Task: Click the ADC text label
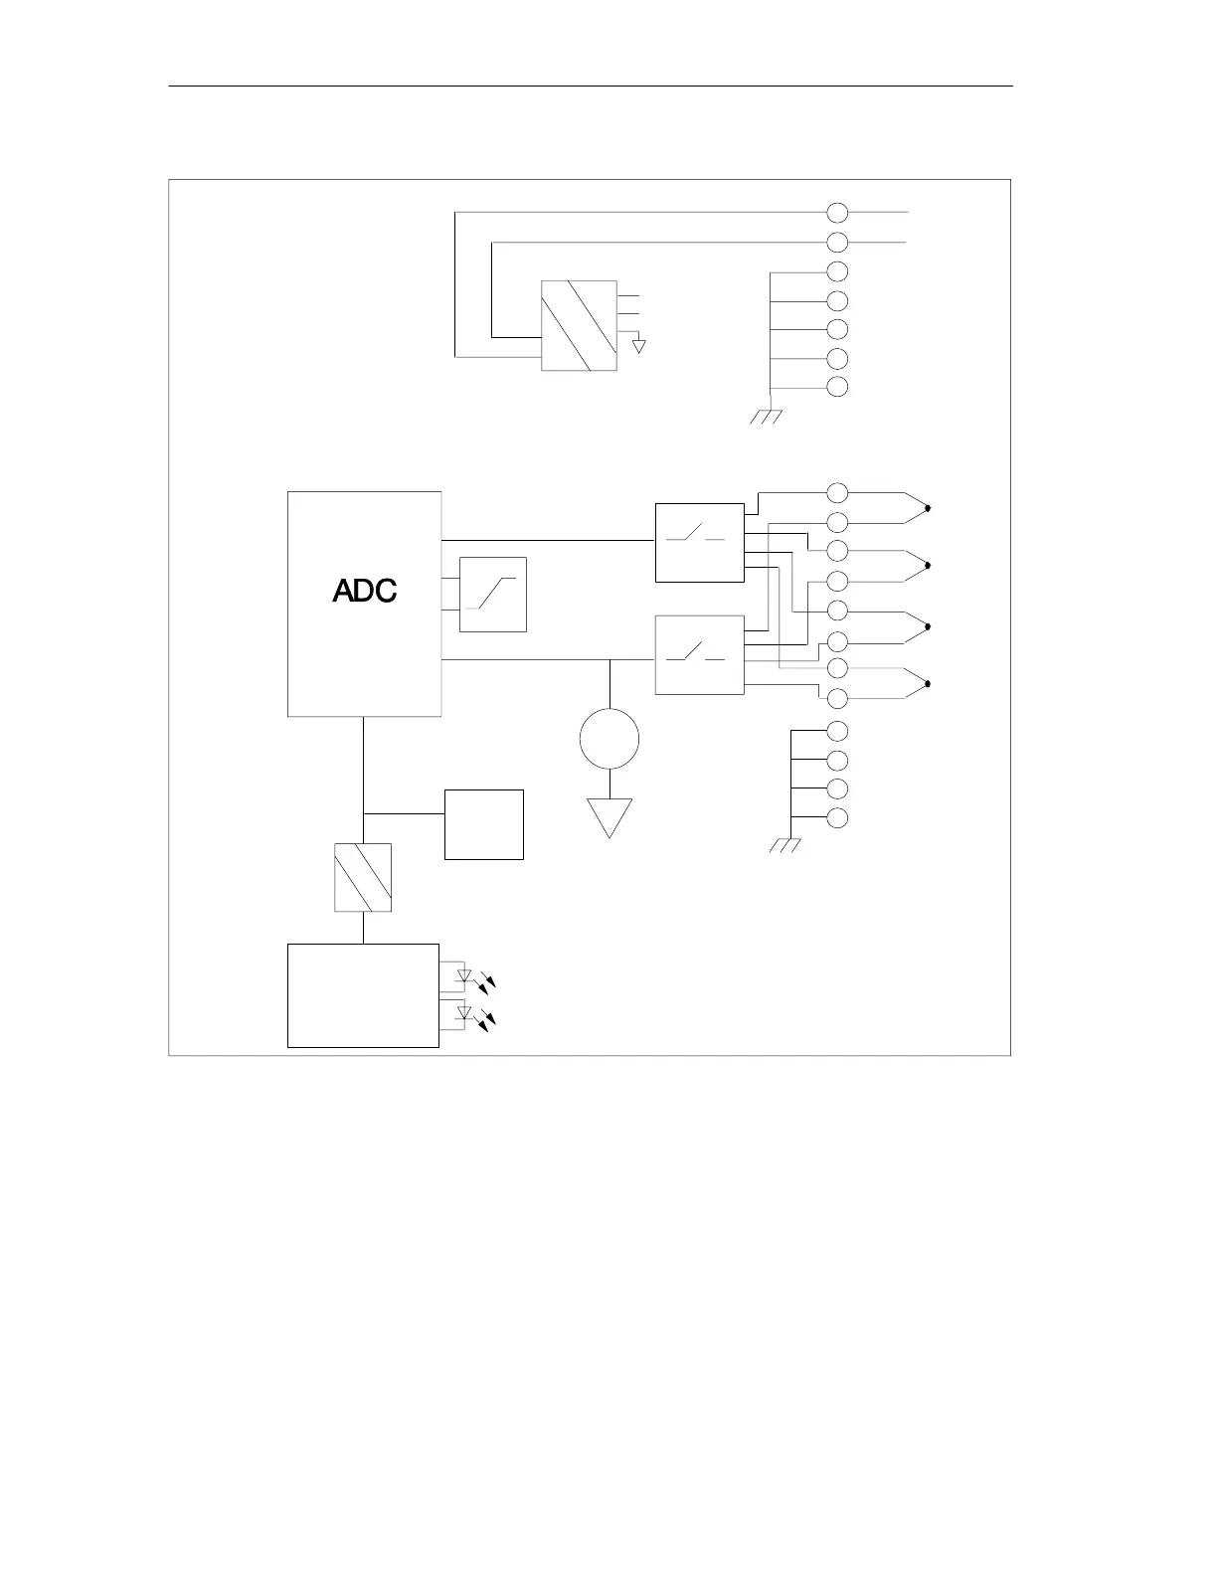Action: [365, 591]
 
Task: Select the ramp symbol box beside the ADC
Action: [492, 595]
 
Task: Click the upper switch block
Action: [700, 543]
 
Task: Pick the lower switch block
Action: [700, 655]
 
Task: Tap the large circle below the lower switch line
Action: [609, 739]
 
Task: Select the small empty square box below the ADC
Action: [484, 824]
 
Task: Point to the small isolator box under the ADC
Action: [363, 877]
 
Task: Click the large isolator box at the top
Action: [579, 326]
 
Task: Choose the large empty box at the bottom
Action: [363, 995]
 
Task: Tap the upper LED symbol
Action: [464, 976]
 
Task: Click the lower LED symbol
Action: [464, 1013]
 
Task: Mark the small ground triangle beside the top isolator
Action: [639, 346]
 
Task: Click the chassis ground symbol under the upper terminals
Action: [766, 416]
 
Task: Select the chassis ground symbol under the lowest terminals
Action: [785, 846]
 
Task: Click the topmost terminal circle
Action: [838, 212]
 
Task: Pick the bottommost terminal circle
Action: [838, 818]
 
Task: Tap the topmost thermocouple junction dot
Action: [928, 508]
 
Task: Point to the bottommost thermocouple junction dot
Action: [928, 684]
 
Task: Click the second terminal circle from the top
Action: [838, 242]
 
